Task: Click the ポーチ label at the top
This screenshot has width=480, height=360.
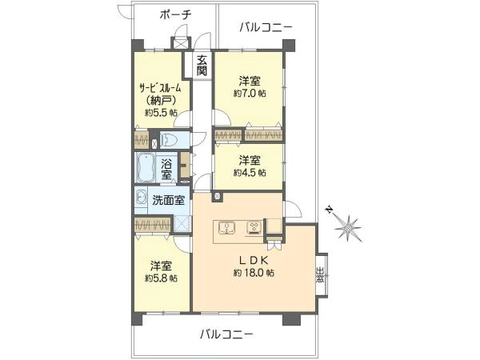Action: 174,15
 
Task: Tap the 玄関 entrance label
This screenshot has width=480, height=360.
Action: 202,65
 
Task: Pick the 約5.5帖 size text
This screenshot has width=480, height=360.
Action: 161,113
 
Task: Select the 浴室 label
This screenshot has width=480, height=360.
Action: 166,168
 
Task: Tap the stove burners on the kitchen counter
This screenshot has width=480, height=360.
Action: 254,227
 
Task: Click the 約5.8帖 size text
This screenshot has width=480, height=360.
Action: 161,278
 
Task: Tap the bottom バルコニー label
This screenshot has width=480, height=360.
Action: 226,334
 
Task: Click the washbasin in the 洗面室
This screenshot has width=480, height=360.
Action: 141,199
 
